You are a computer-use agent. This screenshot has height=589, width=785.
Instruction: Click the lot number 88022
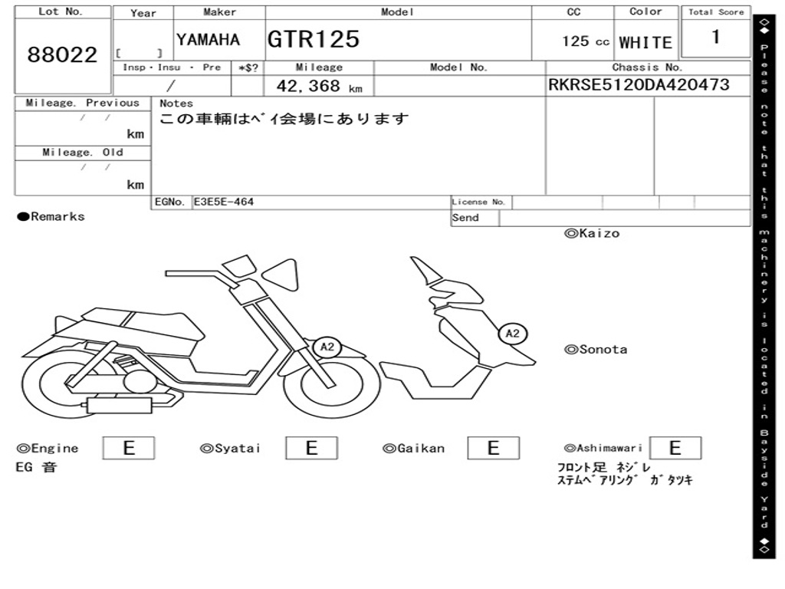click(x=62, y=54)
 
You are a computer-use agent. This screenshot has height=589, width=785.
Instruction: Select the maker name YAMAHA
click(x=208, y=40)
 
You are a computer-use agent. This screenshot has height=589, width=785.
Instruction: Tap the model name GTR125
click(x=314, y=39)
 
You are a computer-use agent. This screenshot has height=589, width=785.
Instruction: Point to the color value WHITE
click(x=645, y=43)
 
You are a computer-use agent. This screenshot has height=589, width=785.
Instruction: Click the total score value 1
click(x=716, y=37)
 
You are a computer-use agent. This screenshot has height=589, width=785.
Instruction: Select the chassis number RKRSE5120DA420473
click(x=639, y=84)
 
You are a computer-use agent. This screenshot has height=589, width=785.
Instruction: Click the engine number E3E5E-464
click(x=224, y=202)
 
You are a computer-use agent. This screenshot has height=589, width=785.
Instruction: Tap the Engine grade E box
click(x=129, y=448)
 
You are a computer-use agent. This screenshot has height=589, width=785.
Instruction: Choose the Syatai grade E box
click(x=311, y=448)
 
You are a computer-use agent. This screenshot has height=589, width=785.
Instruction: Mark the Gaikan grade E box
click(x=493, y=448)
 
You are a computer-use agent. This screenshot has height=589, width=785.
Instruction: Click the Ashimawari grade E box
click(x=675, y=448)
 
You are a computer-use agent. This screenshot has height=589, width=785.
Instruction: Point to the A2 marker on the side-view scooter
click(x=327, y=347)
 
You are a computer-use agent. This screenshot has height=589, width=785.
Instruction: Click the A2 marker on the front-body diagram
click(x=512, y=334)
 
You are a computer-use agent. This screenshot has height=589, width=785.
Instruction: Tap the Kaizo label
click(x=592, y=233)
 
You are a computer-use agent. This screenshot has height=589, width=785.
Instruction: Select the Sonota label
click(x=596, y=350)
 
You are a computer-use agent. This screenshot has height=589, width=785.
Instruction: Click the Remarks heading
click(x=51, y=216)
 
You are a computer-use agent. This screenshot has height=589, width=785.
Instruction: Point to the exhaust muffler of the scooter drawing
click(x=119, y=405)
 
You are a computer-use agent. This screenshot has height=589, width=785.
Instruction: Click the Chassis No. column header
click(x=647, y=67)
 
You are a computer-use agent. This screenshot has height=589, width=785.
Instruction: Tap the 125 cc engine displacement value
click(x=585, y=41)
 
